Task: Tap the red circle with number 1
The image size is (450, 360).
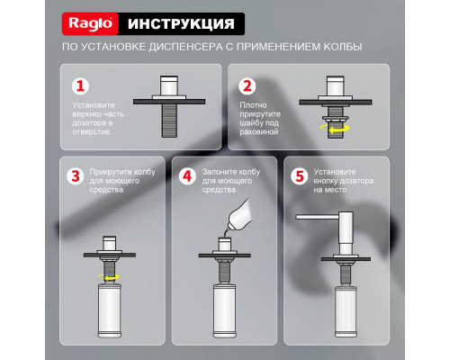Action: pos(81,86)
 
